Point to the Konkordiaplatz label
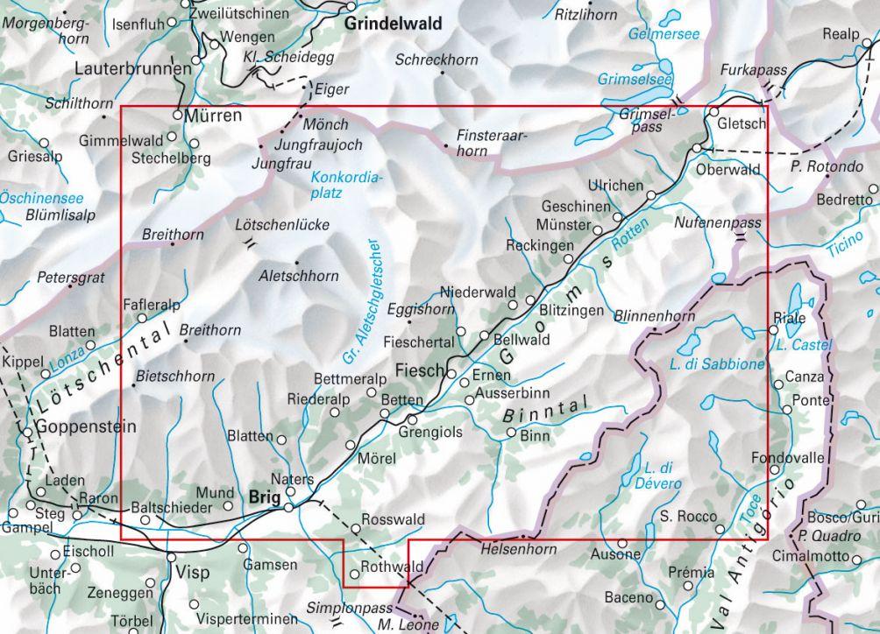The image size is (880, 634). tap(348, 187)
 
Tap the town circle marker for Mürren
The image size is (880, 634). tap(177, 115)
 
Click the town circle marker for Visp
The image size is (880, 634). tap(171, 557)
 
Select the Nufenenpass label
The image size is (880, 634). tap(718, 224)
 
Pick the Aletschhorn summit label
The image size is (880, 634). tap(299, 276)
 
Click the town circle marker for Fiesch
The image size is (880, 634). tap(451, 374)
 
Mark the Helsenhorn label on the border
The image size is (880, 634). tap(519, 549)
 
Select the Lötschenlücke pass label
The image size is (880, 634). tap(282, 225)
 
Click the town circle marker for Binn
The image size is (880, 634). tap(512, 433)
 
